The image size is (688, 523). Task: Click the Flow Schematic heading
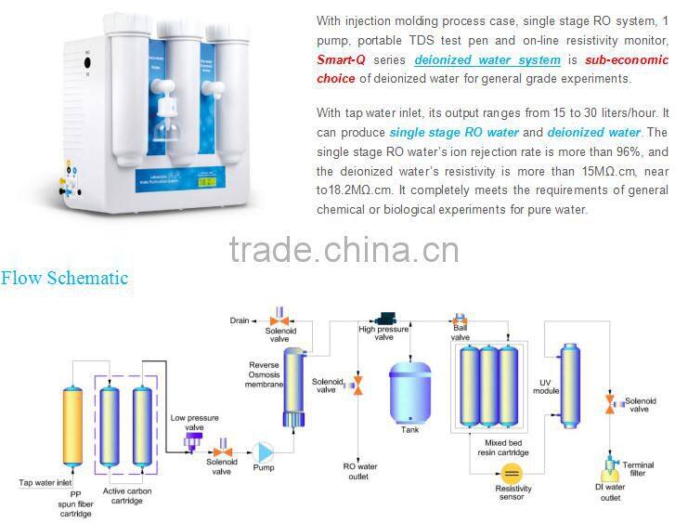pos(64,278)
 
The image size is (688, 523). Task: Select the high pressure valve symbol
pos(382,319)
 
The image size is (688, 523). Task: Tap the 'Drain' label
pos(239,320)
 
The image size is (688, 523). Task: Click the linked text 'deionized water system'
pos(487,60)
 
